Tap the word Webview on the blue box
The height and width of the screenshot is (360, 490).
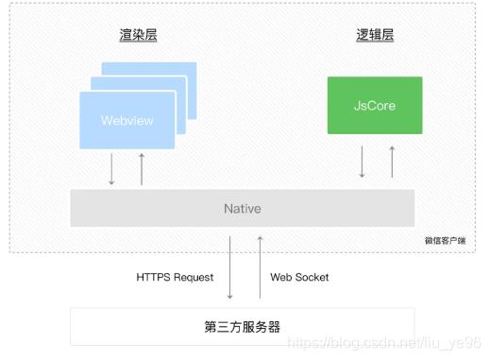[x=127, y=121]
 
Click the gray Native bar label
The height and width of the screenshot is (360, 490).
[x=242, y=208]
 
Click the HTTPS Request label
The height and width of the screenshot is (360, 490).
[x=176, y=277]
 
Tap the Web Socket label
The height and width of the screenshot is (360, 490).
[x=299, y=277]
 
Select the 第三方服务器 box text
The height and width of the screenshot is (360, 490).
[x=242, y=327]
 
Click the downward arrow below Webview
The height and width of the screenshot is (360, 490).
[x=111, y=167]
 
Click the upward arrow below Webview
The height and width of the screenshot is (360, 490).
[x=142, y=167]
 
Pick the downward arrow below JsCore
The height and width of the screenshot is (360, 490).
[x=362, y=162]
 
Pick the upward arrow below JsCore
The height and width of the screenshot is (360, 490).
[x=392, y=162]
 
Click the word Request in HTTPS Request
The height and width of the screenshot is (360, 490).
[x=194, y=277]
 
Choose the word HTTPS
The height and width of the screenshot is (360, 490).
[x=154, y=277]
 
